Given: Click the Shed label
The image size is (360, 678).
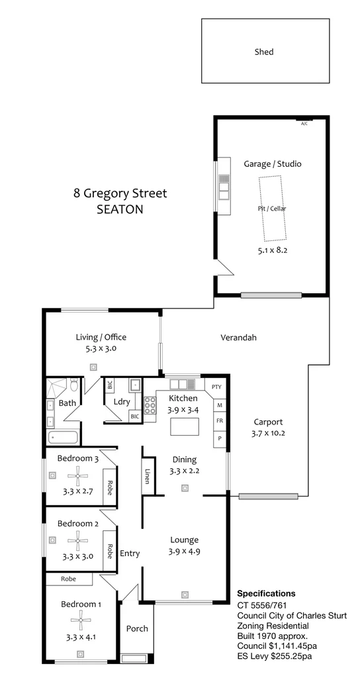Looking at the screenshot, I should [264, 52].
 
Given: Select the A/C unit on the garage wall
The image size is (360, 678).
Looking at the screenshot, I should [304, 122].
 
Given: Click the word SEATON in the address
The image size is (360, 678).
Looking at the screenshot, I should [120, 209].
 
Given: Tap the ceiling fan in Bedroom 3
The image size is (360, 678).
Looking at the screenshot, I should [78, 474].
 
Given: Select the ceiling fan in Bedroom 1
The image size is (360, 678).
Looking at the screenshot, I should [81, 620].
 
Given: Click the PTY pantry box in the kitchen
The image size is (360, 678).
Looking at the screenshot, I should [216, 387].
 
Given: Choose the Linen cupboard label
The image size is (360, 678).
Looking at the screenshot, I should [148, 477].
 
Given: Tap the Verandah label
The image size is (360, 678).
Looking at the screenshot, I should [238, 338].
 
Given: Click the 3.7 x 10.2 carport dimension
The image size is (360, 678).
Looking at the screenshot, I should [268, 434].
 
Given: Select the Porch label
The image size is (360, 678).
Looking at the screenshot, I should [138, 628].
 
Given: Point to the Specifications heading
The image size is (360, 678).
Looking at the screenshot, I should [266, 593].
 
